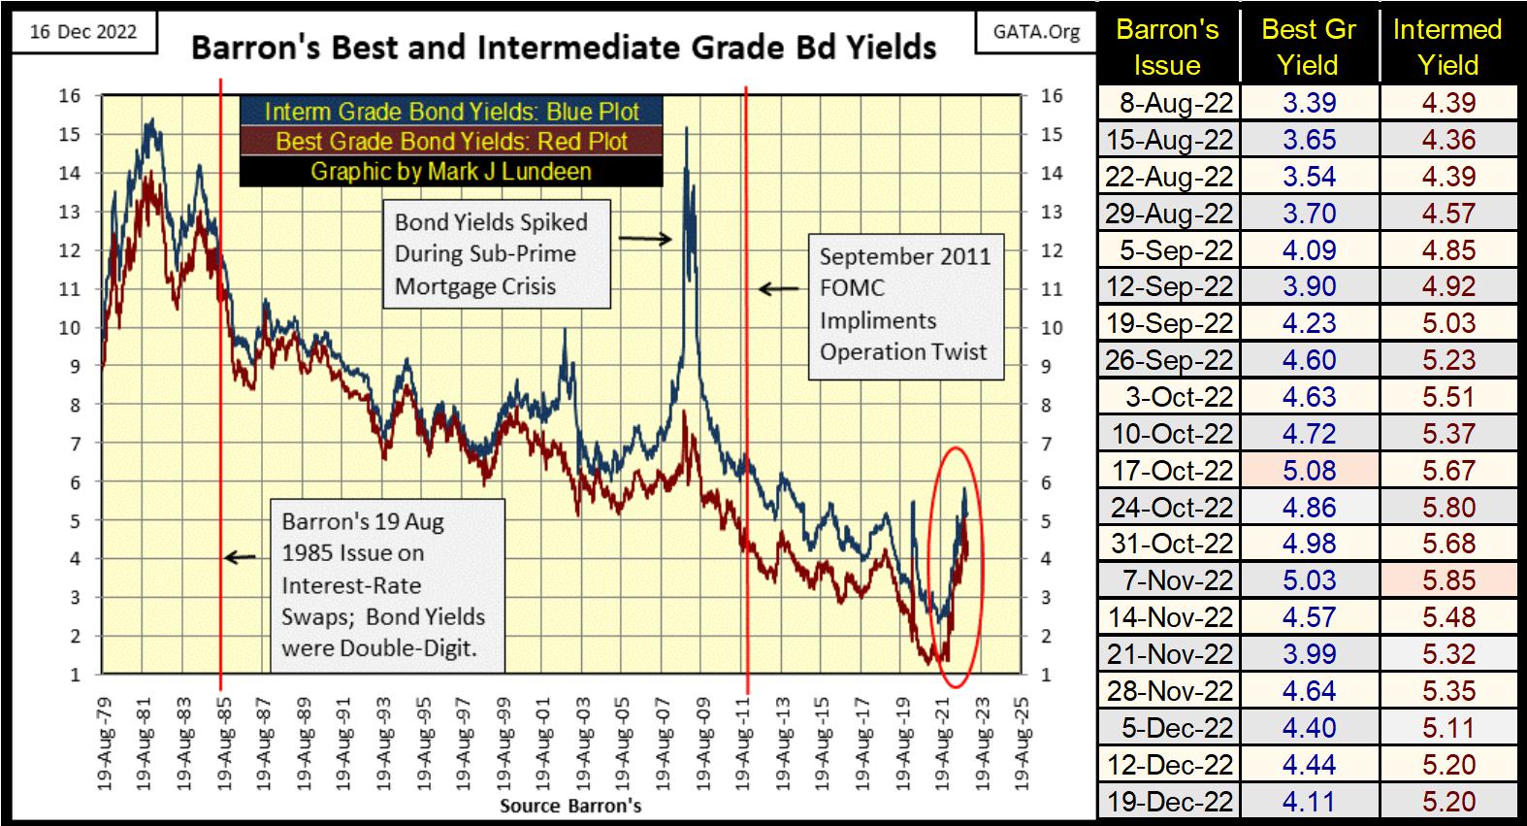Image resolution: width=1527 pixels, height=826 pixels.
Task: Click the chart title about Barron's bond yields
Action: click(x=563, y=47)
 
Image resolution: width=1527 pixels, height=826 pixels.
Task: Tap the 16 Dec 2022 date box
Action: click(x=82, y=32)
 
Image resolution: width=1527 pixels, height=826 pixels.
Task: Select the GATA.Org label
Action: click(x=1036, y=32)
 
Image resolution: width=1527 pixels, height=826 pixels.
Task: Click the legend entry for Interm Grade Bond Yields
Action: click(x=451, y=111)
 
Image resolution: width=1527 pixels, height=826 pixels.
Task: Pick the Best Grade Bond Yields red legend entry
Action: click(x=451, y=141)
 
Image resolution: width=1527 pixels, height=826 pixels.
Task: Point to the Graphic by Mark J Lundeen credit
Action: click(x=451, y=172)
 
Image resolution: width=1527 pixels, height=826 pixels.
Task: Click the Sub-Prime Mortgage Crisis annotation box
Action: click(x=496, y=254)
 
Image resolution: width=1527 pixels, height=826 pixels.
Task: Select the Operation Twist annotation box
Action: click(x=904, y=305)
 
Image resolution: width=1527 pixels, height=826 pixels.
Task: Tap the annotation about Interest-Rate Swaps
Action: click(x=382, y=584)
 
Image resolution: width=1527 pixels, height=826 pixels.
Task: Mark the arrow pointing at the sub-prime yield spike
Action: click(x=645, y=238)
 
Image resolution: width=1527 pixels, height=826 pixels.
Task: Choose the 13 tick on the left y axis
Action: click(x=69, y=212)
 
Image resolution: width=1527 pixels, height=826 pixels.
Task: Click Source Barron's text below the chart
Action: click(x=570, y=806)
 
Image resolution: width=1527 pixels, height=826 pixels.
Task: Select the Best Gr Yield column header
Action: click(x=1309, y=47)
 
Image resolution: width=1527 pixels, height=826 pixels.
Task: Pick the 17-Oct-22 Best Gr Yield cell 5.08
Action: click(x=1309, y=471)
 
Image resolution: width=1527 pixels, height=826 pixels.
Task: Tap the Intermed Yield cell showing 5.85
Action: click(x=1448, y=580)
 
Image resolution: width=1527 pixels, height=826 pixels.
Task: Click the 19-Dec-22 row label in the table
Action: click(x=1169, y=802)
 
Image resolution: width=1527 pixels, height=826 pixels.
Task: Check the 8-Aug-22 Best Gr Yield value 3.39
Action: click(x=1309, y=103)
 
